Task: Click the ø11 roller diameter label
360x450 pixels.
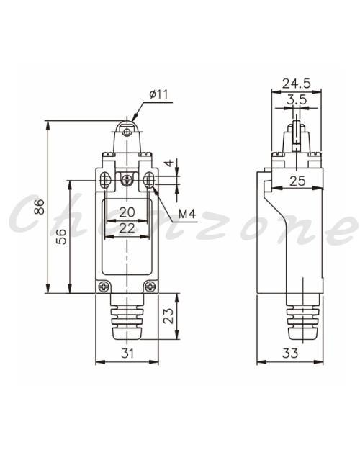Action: pos(158,94)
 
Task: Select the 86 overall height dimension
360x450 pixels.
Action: pos(40,207)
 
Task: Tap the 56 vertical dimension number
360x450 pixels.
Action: pos(61,236)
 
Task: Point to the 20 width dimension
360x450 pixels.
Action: pos(127,212)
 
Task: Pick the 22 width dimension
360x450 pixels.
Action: pos(127,228)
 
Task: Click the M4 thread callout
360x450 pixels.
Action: pos(187,214)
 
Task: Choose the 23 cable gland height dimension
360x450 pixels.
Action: pos(168,316)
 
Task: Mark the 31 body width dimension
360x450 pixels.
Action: pos(127,354)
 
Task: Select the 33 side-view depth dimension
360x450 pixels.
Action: pos(290,354)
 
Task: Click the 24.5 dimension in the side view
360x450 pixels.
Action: pos(296,84)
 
